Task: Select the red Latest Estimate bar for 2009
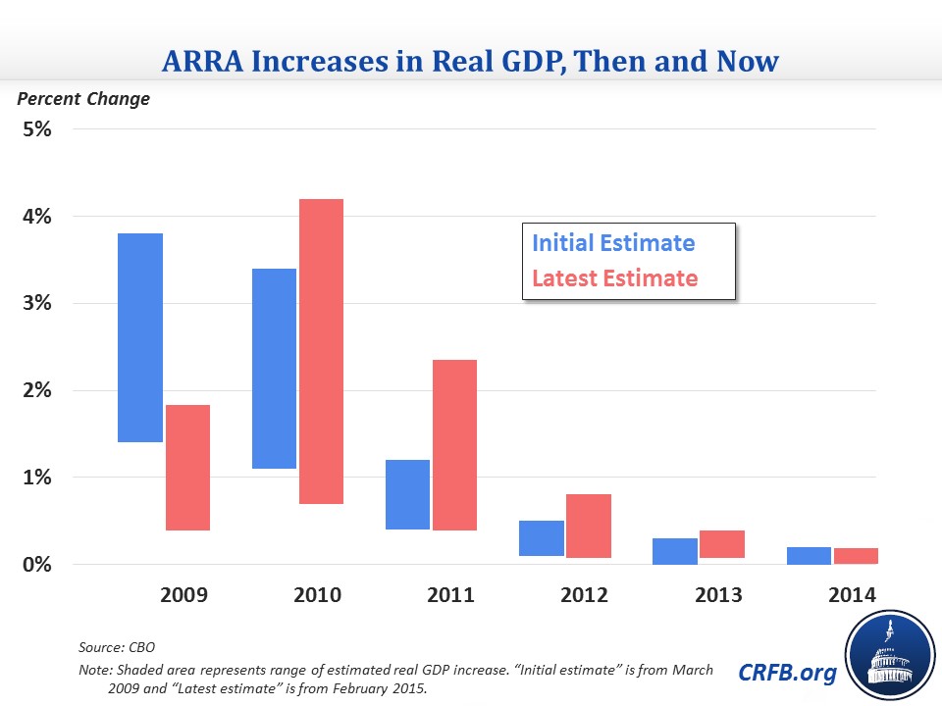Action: (x=186, y=467)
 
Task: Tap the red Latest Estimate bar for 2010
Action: (x=321, y=351)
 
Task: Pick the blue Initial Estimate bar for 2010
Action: (x=273, y=369)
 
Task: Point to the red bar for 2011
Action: (x=454, y=445)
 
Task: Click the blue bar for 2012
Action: (x=541, y=538)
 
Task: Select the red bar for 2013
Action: (x=721, y=544)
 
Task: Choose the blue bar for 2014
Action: (x=809, y=556)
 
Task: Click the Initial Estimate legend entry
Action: (x=613, y=244)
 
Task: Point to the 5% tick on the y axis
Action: (x=37, y=129)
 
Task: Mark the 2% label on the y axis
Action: (x=37, y=391)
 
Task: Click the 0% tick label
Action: (x=37, y=565)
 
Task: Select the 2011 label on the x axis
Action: (x=449, y=595)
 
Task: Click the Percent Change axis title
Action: (x=83, y=99)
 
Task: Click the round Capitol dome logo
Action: (x=887, y=655)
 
